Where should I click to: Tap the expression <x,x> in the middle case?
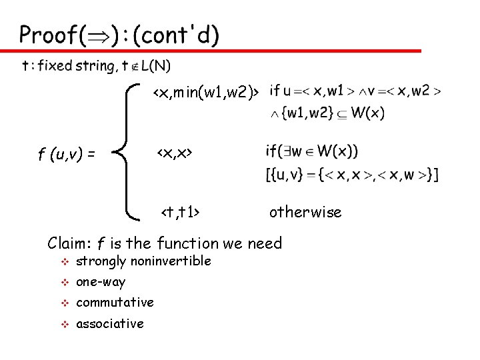[174, 154]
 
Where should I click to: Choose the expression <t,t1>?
[181, 213]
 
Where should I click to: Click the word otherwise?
[305, 213]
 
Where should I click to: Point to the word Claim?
[69, 243]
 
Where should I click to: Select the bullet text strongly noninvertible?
[143, 261]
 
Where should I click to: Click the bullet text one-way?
[101, 282]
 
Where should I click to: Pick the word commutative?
[115, 303]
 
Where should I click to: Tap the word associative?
[110, 324]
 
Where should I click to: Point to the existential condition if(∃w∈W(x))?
[311, 151]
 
